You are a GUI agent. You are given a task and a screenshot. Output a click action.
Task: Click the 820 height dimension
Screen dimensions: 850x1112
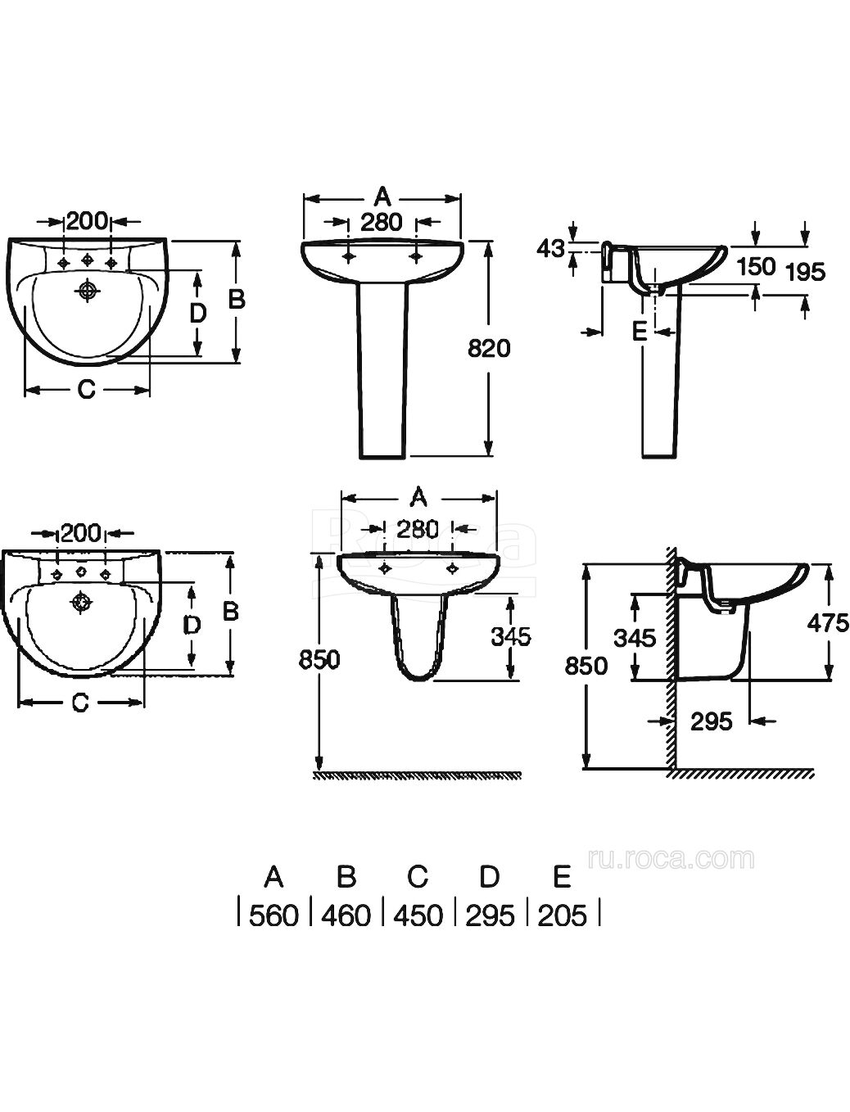489,349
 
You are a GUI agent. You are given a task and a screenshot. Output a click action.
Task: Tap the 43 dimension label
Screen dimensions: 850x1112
549,249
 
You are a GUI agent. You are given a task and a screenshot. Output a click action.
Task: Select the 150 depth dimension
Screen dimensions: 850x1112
756,267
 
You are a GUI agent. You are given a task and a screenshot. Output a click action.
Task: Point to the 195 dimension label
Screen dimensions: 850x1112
805,273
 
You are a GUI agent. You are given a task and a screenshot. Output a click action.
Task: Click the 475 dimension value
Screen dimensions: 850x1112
828,622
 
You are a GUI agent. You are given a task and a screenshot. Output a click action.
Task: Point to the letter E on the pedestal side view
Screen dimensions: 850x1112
640,332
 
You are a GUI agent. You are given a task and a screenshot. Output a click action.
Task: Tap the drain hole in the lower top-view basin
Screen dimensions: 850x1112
81,603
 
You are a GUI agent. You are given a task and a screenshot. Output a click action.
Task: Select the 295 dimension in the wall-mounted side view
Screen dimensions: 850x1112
712,721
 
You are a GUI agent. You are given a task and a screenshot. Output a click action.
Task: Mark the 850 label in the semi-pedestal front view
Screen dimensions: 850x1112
319,660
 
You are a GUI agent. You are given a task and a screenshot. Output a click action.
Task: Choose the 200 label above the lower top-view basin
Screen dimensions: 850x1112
81,533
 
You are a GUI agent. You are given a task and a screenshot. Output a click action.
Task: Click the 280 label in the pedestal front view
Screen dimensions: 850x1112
382,222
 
